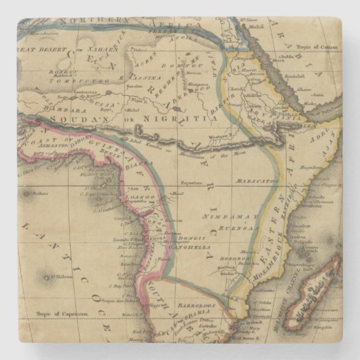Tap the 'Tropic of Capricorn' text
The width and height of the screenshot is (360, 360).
point(63,314)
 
